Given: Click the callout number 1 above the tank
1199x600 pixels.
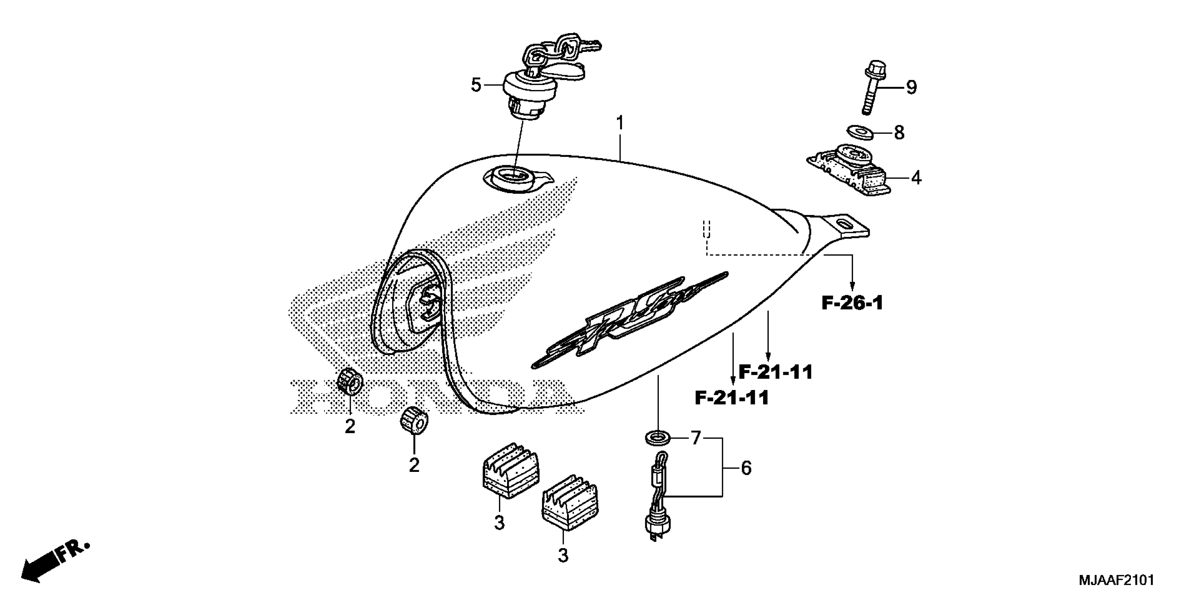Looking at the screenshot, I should tap(620, 124).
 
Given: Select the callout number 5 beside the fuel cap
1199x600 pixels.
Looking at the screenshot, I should tap(475, 85).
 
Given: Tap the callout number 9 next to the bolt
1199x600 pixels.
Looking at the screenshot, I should tap(911, 88).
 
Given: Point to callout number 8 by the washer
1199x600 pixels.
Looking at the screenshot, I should tap(899, 133).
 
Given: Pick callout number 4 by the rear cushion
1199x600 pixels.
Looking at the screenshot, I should tap(916, 178).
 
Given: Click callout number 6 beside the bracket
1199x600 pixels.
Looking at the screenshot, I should tap(745, 468).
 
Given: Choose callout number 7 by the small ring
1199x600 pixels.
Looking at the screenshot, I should tap(695, 438).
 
